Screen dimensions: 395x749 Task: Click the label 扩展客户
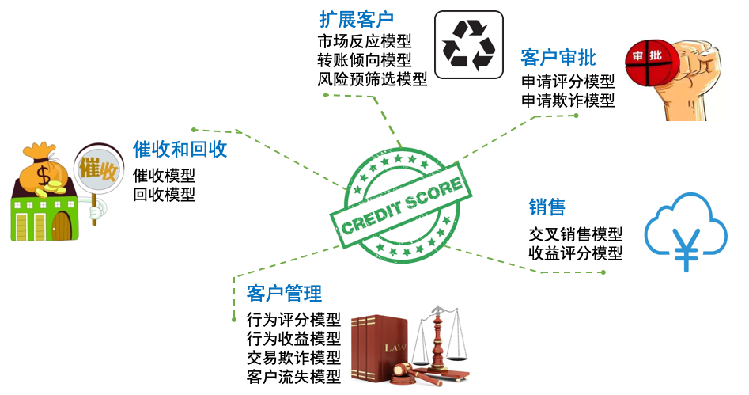pyautogui.click(x=356, y=20)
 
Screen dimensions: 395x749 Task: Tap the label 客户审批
pyautogui.click(x=558, y=57)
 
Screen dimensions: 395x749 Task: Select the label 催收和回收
pyautogui.click(x=180, y=149)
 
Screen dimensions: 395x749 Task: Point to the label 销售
pyautogui.click(x=547, y=207)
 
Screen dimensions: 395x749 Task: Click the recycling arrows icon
pyautogui.click(x=468, y=44)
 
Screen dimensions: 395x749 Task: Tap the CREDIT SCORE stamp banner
pyautogui.click(x=401, y=204)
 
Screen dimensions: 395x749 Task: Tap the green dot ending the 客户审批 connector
pyautogui.click(x=577, y=116)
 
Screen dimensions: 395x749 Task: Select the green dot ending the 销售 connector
pyautogui.click(x=603, y=272)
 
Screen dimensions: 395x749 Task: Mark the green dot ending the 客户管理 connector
pyautogui.click(x=234, y=320)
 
